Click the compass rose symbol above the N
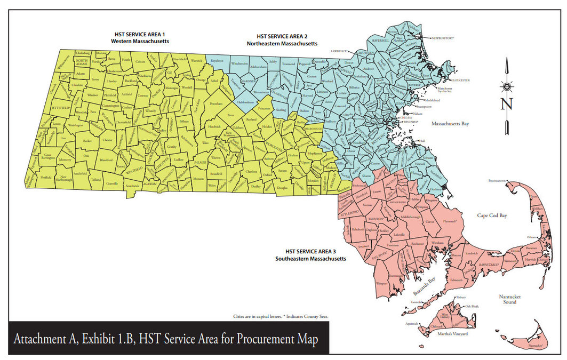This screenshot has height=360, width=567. click(506, 86)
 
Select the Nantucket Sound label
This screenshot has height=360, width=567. click(509, 299)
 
